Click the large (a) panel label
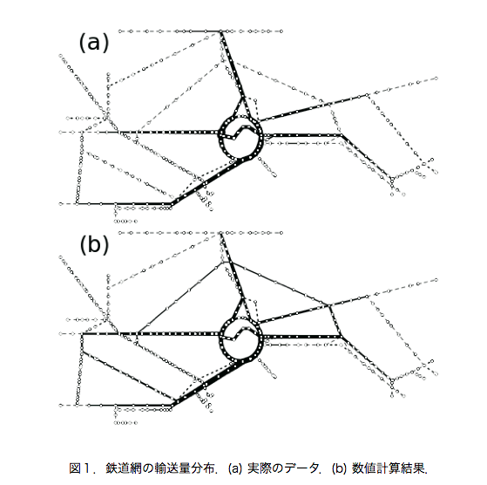pyautogui.click(x=94, y=43)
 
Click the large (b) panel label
pyautogui.click(x=94, y=244)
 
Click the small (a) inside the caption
pyautogui.click(x=235, y=468)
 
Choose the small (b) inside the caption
pyautogui.click(x=339, y=468)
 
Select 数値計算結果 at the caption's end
pyautogui.click(x=389, y=468)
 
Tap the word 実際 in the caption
pyautogui.click(x=260, y=468)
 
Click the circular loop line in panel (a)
pyautogui.click(x=240, y=116)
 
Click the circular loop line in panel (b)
pyautogui.click(x=240, y=318)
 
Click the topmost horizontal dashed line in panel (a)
pyautogui.click(x=200, y=31)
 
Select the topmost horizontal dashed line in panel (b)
pyautogui.click(x=200, y=233)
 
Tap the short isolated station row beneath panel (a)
pyautogui.click(x=125, y=222)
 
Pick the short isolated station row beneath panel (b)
pyautogui.click(x=125, y=423)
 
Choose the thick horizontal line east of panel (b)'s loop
pyautogui.click(x=302, y=337)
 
